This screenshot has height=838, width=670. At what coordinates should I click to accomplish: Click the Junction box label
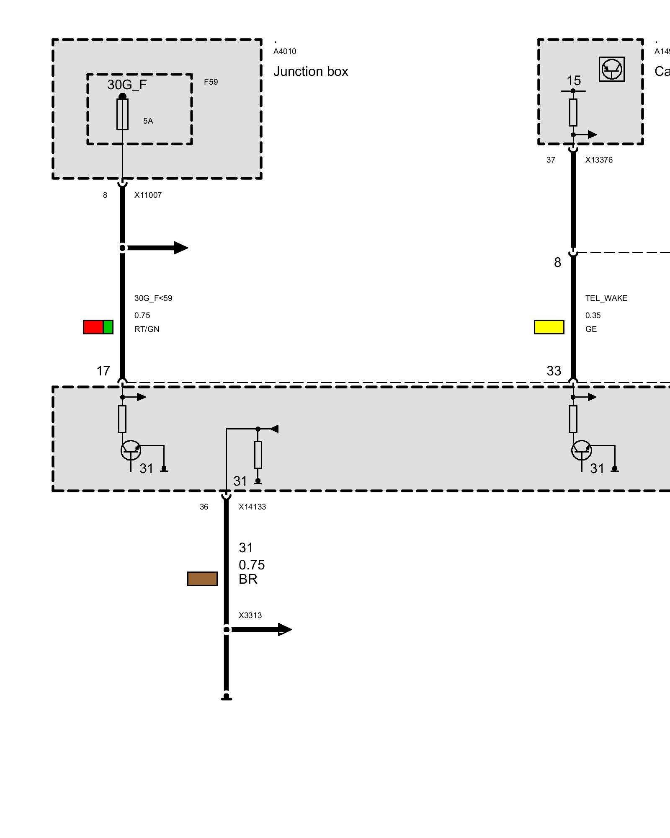click(310, 72)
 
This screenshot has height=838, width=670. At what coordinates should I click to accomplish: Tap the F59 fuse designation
click(211, 82)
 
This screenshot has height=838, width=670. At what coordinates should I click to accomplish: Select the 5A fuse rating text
click(148, 121)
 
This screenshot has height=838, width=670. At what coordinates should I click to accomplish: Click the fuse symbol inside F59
click(122, 114)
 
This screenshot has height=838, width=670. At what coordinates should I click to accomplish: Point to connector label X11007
click(148, 195)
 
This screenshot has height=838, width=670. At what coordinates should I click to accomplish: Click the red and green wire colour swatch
click(98, 327)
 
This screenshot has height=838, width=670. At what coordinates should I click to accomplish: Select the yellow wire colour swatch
click(549, 327)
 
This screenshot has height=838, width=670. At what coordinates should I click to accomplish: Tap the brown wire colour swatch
click(202, 579)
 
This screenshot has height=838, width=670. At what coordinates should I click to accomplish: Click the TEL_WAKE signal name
click(606, 298)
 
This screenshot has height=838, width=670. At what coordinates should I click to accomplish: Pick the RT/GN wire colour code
click(147, 329)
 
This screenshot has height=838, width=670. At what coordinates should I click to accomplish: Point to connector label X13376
click(599, 160)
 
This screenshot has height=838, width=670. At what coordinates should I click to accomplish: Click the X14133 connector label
click(252, 507)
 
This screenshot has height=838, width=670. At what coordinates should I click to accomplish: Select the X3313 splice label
click(250, 616)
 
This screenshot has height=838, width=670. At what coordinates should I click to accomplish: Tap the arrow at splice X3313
click(262, 629)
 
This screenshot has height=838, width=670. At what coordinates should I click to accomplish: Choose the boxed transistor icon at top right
click(611, 69)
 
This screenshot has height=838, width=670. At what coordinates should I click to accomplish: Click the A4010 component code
click(285, 52)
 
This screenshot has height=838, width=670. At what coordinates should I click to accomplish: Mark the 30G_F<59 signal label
click(153, 298)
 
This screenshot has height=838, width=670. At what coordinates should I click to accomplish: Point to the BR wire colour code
click(248, 579)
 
